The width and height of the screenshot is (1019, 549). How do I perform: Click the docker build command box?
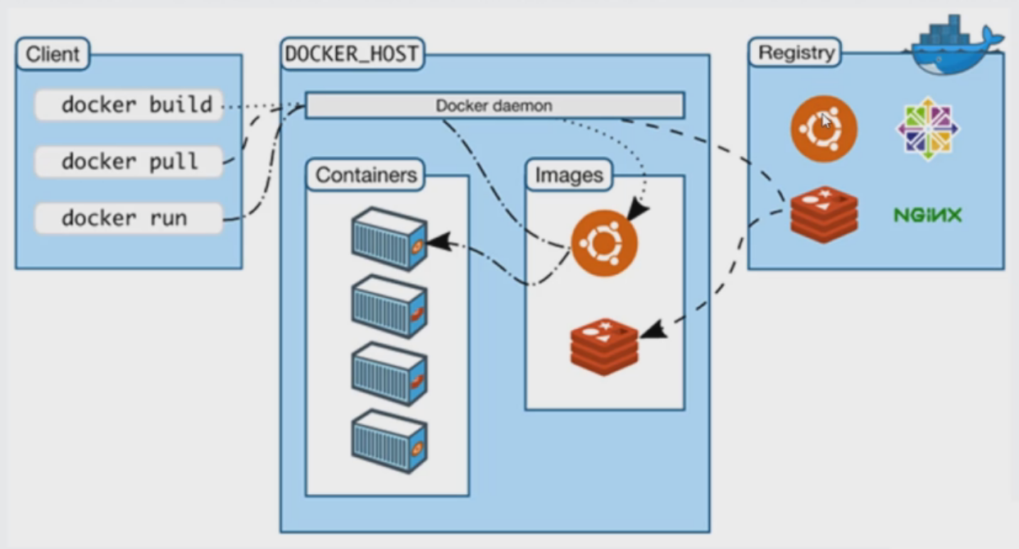129,106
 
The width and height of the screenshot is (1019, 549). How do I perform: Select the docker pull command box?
129,162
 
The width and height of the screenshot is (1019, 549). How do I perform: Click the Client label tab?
52,55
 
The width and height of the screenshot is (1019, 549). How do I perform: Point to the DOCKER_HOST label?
352,55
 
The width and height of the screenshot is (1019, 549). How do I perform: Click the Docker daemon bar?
494,106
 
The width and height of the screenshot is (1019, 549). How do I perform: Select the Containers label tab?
366,175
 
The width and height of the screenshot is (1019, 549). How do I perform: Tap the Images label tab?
569,175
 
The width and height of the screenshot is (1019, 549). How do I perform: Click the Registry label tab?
796,53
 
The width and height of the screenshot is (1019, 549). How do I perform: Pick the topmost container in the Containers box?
389,238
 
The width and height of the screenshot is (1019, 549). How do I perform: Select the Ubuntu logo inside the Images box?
604,243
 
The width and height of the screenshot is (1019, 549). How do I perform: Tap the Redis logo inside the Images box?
604,348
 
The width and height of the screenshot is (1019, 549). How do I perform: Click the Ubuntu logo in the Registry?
824,129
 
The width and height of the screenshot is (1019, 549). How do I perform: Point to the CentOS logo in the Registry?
928,129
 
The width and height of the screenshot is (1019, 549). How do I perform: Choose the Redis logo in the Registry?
824,214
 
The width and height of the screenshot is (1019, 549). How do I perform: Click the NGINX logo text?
927,215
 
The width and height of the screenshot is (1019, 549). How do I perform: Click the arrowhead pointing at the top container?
439,241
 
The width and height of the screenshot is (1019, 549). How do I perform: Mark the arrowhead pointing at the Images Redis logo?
653,331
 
